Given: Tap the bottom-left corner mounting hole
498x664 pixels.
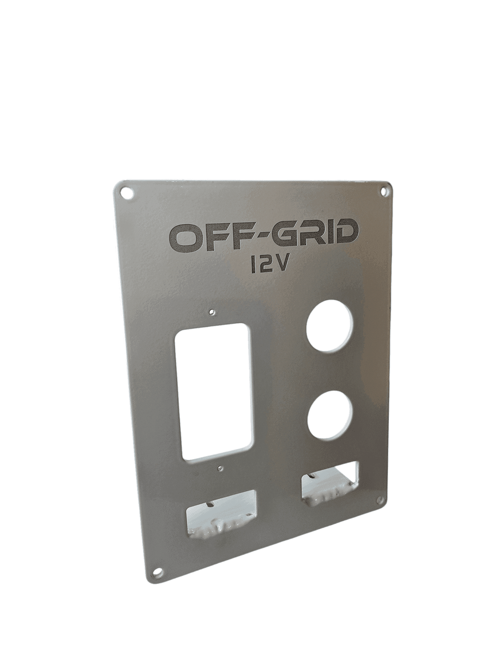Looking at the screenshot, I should [x=159, y=572].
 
